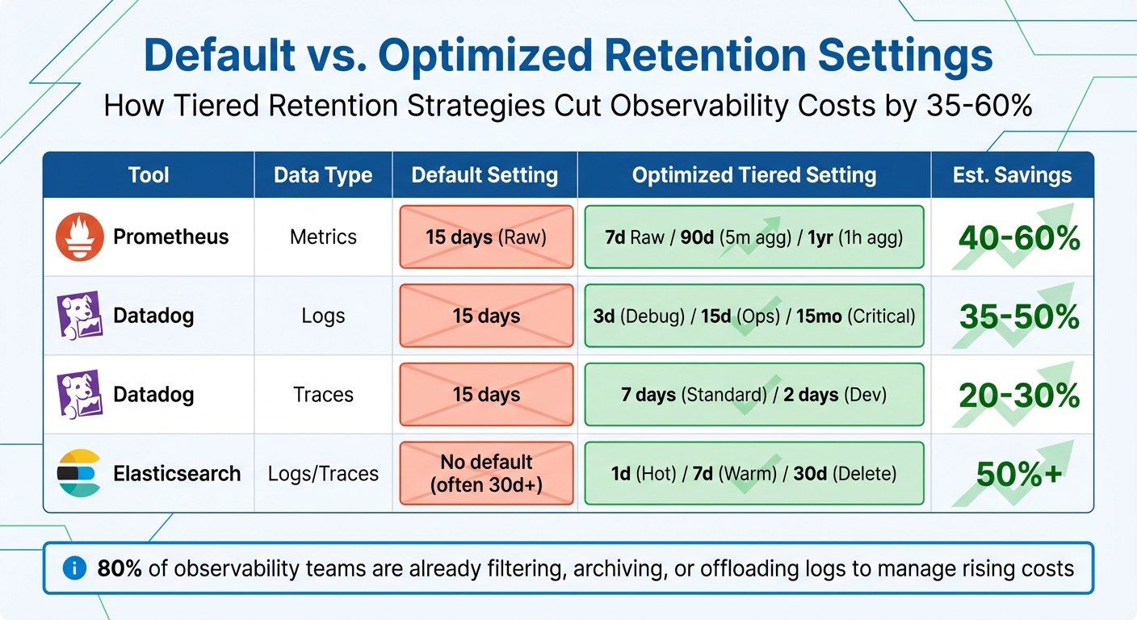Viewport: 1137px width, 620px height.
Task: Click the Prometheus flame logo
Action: [x=79, y=237]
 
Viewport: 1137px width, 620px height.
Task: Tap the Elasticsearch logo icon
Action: [x=79, y=474]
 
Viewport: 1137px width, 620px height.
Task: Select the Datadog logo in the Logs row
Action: [x=79, y=316]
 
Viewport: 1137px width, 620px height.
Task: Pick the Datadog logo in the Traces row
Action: [x=79, y=395]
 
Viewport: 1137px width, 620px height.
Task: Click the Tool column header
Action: [x=149, y=175]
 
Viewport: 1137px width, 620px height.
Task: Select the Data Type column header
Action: [x=323, y=175]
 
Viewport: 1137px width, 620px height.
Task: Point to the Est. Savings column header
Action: [x=1012, y=175]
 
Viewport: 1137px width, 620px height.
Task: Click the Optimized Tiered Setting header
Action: [x=753, y=175]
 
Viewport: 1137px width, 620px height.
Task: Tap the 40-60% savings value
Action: [x=1019, y=238]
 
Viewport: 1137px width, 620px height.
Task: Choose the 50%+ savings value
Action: [x=1019, y=474]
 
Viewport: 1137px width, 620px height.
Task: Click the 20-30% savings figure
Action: [x=1019, y=396]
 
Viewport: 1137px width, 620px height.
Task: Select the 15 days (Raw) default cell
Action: [x=486, y=237]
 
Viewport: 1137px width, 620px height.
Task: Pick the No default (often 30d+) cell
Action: [x=486, y=474]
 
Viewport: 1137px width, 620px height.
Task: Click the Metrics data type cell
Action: [x=323, y=237]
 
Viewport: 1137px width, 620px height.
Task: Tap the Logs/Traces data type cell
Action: [x=323, y=474]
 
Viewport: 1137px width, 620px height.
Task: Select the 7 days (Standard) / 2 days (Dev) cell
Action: [x=753, y=395]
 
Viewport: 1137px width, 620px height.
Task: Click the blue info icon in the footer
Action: [x=74, y=568]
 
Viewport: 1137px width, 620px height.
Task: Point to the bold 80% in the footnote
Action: [x=120, y=568]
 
